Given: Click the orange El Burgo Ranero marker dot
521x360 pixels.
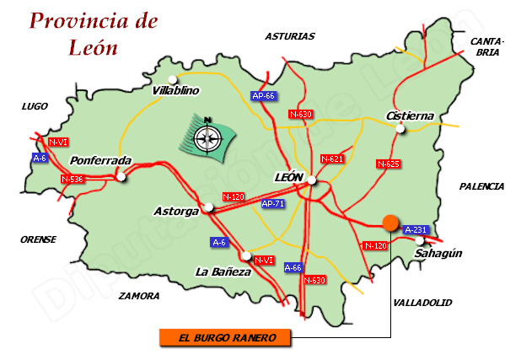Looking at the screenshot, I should pyautogui.click(x=389, y=223).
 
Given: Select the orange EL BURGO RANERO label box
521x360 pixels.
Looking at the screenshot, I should pyautogui.click(x=226, y=338).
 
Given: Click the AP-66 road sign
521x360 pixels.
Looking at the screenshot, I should pyautogui.click(x=264, y=95).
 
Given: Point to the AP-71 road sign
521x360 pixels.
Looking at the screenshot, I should pyautogui.click(x=273, y=203).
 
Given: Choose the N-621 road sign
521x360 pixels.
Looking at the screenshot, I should pyautogui.click(x=333, y=159).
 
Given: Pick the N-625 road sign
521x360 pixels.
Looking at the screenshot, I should pyautogui.click(x=388, y=164).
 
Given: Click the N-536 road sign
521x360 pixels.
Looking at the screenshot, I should pyautogui.click(x=73, y=179).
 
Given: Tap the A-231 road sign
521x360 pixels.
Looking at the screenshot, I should pyautogui.click(x=416, y=229).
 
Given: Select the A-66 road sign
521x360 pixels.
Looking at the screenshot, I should pyautogui.click(x=293, y=267).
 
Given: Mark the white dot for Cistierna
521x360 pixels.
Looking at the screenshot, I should pyautogui.click(x=401, y=129).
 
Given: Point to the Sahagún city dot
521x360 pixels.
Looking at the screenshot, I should pyautogui.click(x=419, y=241).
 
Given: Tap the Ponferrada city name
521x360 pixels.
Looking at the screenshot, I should pyautogui.click(x=101, y=160).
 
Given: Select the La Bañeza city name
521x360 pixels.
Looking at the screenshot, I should pyautogui.click(x=223, y=271).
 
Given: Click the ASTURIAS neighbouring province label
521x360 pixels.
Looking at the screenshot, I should pyautogui.click(x=289, y=36).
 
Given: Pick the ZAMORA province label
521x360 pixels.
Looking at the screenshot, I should pyautogui.click(x=139, y=296).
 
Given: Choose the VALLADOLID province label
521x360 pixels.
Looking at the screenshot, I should pyautogui.click(x=422, y=302).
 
